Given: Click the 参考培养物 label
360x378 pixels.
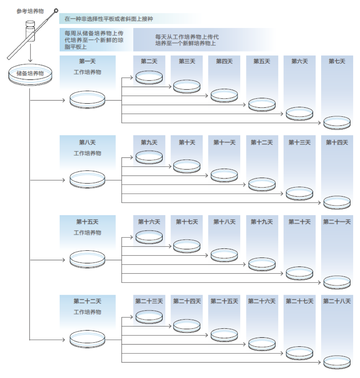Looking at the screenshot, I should click(x=30, y=11).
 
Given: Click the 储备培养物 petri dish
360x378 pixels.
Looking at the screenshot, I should click(x=30, y=75).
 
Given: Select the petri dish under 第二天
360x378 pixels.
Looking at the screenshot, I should click(x=149, y=77).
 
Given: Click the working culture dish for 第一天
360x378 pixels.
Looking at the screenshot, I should click(x=87, y=100).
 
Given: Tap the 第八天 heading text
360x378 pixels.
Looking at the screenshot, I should click(x=87, y=142).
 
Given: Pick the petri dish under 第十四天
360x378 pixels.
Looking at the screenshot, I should click(x=337, y=202).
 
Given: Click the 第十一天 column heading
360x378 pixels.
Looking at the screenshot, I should click(x=224, y=142).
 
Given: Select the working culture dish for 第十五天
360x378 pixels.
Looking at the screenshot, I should click(x=87, y=260).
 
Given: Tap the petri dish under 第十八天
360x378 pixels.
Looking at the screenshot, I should click(x=224, y=255).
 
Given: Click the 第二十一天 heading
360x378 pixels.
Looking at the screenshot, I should click(x=337, y=222).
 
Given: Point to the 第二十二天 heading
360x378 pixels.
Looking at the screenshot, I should click(x=87, y=301).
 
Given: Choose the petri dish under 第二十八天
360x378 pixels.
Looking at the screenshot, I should click(x=337, y=362).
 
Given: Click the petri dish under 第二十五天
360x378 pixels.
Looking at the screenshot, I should click(x=224, y=335).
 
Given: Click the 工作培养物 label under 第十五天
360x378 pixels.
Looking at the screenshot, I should click(x=87, y=232).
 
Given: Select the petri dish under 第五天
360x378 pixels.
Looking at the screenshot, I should click(x=262, y=104).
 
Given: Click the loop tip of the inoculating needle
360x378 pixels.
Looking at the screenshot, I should click(x=56, y=11).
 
